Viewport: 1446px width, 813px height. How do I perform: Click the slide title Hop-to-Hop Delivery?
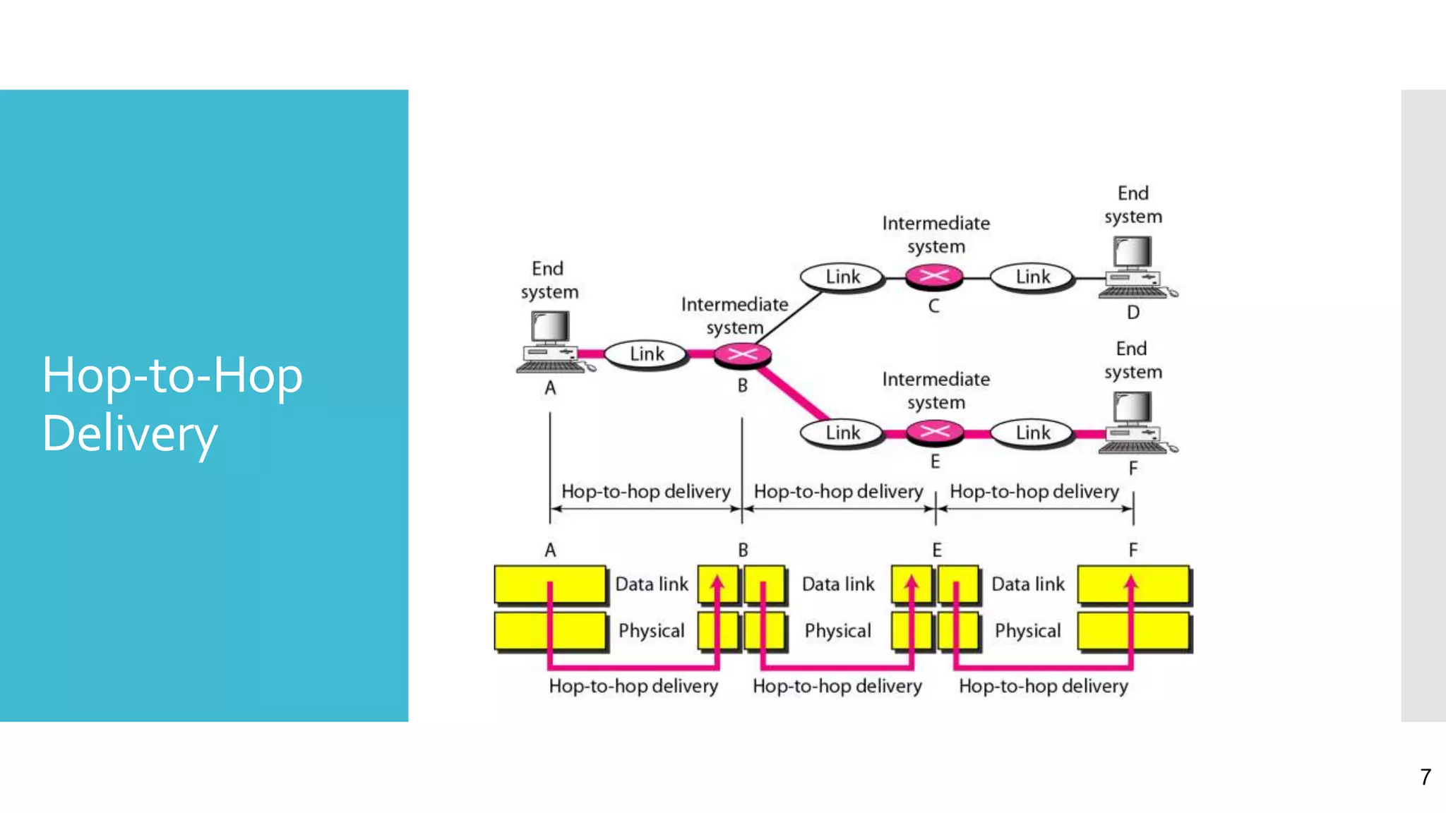tap(172, 404)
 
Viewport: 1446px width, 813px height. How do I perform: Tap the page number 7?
tap(1426, 777)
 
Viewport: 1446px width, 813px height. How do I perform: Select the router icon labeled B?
tap(742, 354)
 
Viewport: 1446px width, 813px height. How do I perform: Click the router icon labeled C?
tap(934, 276)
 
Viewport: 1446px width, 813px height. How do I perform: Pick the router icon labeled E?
tap(934, 432)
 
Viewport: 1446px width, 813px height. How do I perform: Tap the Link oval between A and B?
tap(646, 354)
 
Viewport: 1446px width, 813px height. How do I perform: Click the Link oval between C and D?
tap(1032, 277)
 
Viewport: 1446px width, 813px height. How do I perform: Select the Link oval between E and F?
tap(1032, 433)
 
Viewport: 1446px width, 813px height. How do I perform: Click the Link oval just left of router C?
tap(842, 277)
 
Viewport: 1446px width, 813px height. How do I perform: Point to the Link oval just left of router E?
tap(842, 433)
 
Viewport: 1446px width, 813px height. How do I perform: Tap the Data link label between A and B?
tap(651, 584)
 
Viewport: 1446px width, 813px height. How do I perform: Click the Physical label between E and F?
tap(1027, 631)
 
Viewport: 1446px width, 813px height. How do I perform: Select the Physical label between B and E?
tap(837, 631)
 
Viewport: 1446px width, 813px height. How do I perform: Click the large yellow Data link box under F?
tap(1134, 584)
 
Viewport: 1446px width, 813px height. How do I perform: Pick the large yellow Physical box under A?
tap(550, 631)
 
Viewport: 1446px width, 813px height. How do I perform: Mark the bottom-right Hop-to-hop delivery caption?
tap(1043, 686)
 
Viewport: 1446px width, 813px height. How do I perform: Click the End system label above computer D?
tap(1133, 205)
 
